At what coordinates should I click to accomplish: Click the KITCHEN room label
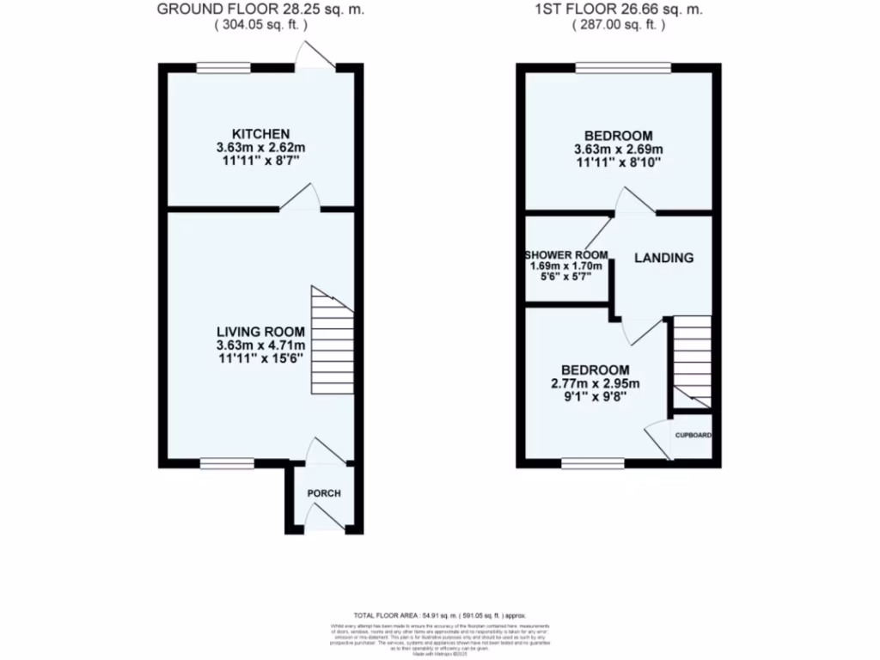pos(260,133)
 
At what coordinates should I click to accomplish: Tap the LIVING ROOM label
pos(260,332)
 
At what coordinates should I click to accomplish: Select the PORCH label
pos(324,493)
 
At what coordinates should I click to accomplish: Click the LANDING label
pos(663,258)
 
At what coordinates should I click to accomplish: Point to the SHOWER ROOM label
pos(568,255)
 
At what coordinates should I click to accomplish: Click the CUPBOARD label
pos(693,436)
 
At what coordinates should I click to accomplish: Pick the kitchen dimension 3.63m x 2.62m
pos(260,147)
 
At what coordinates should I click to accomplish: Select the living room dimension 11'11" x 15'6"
pos(260,358)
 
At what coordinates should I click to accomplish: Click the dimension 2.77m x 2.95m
pos(596,383)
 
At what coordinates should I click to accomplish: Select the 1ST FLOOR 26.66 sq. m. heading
pos(618,9)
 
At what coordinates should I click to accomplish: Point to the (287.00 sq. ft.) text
pos(618,25)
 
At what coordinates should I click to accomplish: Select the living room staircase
pos(332,340)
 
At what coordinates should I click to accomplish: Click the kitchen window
pos(223,68)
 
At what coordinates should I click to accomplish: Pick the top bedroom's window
pos(623,68)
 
